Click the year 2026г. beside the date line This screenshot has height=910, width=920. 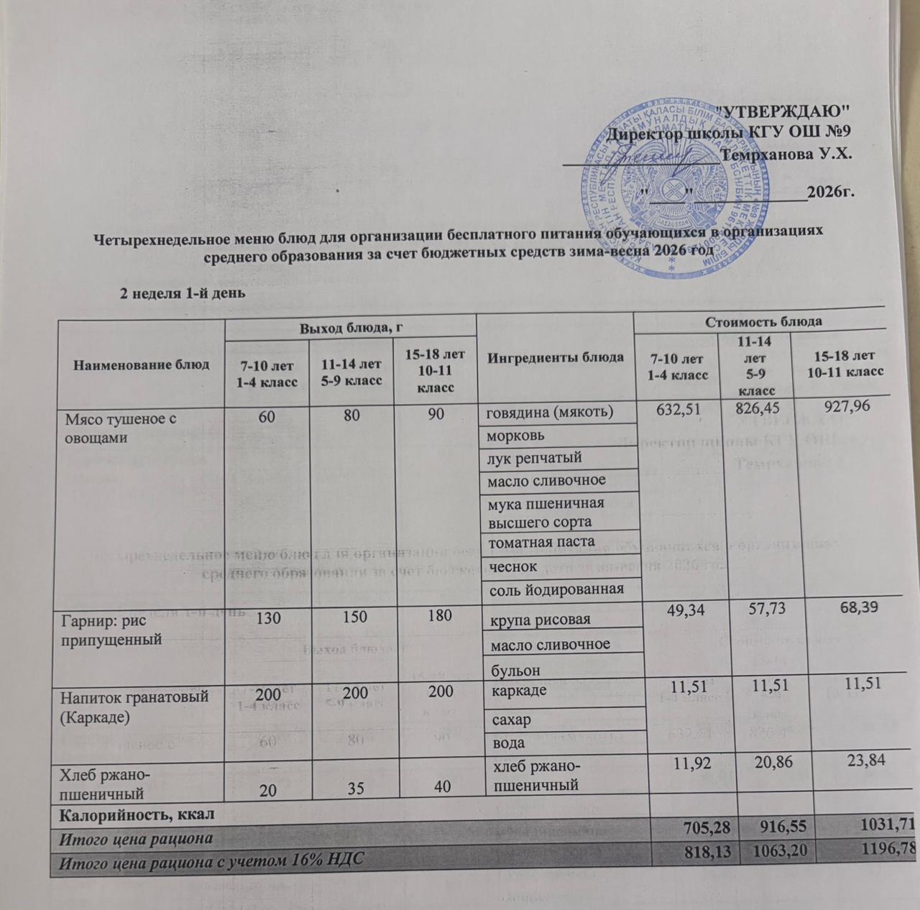(x=830, y=192)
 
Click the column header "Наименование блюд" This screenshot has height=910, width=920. (x=142, y=364)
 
